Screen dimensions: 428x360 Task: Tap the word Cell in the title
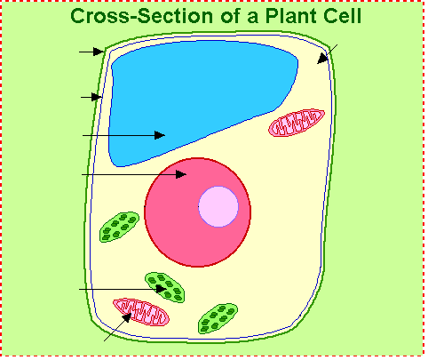343,16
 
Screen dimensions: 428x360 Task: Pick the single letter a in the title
253,18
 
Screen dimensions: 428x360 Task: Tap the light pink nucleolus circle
218,206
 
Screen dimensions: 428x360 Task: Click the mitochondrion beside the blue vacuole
297,123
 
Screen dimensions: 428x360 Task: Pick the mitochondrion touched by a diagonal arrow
141,312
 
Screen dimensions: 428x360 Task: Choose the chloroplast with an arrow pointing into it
165,287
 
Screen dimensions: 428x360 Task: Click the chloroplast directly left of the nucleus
119,227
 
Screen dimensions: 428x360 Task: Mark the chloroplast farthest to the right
218,318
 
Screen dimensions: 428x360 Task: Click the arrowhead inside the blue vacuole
160,135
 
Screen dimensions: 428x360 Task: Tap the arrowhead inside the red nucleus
181,174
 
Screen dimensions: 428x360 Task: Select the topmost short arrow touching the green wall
91,52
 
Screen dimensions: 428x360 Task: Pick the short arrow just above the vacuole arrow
91,97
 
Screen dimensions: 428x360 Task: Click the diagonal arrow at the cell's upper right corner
327,54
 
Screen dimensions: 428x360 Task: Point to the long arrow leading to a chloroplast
123,289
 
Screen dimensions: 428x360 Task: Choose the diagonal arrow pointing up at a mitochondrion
118,327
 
